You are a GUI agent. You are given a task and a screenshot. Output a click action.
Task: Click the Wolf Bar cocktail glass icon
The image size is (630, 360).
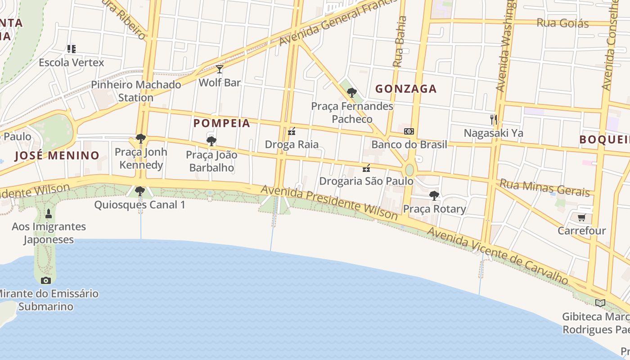point(220,69)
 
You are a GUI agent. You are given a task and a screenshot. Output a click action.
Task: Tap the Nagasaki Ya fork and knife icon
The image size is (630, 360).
point(494,120)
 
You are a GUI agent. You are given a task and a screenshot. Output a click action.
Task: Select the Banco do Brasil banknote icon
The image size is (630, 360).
point(409,131)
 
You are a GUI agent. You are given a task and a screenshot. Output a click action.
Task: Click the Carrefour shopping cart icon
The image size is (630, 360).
point(581,218)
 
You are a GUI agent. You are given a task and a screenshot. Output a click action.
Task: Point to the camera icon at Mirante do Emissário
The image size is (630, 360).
point(46,280)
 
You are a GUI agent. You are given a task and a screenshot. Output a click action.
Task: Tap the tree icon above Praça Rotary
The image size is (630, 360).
point(434,196)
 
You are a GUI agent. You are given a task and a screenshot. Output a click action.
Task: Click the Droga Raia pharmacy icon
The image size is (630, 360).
point(292,131)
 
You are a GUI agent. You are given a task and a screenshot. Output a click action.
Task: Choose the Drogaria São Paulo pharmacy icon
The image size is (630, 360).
point(366,168)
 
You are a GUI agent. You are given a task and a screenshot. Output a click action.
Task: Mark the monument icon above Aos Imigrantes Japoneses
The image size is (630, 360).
point(49,213)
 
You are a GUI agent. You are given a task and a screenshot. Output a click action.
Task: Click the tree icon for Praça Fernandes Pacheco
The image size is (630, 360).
point(352,93)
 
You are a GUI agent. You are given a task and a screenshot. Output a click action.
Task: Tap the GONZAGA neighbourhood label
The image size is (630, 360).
point(406,89)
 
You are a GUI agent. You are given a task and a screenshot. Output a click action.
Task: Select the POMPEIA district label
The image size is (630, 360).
point(222,123)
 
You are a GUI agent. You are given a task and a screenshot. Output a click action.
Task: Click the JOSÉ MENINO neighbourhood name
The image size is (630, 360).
point(57,156)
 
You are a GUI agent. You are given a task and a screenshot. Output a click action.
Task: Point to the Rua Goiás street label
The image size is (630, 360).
point(562,23)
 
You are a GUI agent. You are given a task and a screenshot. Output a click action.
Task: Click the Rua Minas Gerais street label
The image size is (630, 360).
point(544,188)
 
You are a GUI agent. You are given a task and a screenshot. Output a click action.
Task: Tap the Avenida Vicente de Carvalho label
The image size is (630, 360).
point(498,255)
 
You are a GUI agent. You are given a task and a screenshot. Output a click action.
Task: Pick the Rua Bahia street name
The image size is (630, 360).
point(400,41)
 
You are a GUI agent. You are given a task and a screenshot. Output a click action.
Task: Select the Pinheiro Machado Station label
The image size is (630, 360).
point(136,91)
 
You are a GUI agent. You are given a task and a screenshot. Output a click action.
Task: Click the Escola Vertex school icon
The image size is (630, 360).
point(71,49)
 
